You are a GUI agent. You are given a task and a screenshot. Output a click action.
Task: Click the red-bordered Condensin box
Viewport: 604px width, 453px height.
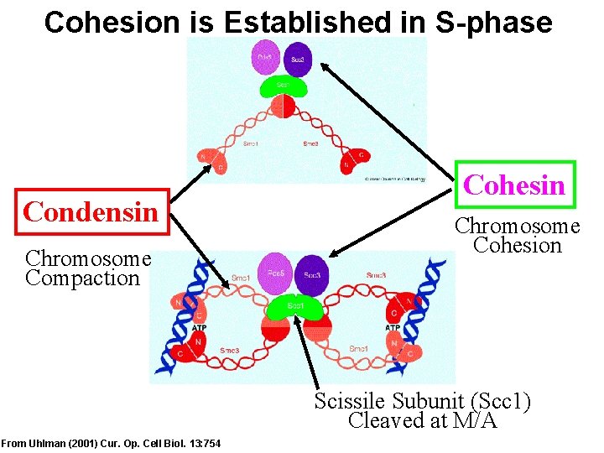tap(91, 211)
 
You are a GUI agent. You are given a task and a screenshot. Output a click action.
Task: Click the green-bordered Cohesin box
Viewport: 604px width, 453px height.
tap(513, 185)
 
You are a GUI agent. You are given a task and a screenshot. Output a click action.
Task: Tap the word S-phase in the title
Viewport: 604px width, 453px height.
tap(494, 22)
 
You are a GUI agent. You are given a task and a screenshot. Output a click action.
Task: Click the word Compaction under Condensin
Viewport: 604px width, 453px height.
tap(82, 278)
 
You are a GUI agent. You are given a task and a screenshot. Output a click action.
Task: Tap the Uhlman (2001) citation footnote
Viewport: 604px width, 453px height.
tap(112, 443)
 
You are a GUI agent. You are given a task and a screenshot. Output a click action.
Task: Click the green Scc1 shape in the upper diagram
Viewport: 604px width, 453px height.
tap(285, 86)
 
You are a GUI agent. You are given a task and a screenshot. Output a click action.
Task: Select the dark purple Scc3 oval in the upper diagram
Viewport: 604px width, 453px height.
tap(298, 60)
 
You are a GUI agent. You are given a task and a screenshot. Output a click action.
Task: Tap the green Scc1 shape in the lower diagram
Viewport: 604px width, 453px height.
tap(295, 306)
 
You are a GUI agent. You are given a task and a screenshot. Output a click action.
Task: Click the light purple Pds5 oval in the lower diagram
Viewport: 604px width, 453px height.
tap(274, 274)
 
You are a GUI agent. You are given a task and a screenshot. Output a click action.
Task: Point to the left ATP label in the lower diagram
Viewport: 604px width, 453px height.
tap(199, 328)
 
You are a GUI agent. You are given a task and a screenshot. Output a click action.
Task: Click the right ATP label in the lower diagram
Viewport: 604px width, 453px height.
tap(392, 328)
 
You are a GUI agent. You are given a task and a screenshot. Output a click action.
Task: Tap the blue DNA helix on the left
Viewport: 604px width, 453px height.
tap(180, 319)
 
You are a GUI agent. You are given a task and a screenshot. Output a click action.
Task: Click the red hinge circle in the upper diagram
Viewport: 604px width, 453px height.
tap(284, 107)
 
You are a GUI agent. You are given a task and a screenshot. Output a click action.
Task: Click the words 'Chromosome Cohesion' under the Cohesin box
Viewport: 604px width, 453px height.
tap(517, 236)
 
